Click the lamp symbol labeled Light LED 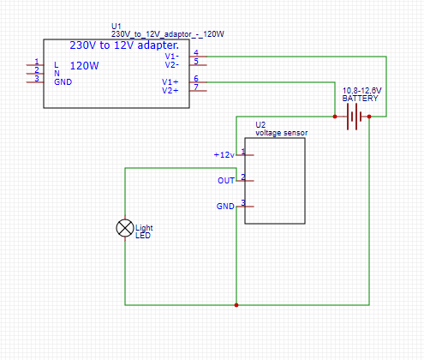125,228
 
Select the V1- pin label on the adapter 172,56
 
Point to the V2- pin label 172,65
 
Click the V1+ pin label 170,82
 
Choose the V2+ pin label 170,91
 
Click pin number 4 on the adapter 196,52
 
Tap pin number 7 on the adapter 196,87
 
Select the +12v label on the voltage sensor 224,155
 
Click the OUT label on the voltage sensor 226,181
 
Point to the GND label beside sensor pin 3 225,206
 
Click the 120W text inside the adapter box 84,66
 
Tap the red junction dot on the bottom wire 236,305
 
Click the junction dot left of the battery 335,117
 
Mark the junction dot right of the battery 369,117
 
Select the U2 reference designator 260,125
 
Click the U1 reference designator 116,27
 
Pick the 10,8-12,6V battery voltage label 361,91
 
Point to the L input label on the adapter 57,65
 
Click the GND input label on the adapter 63,82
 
